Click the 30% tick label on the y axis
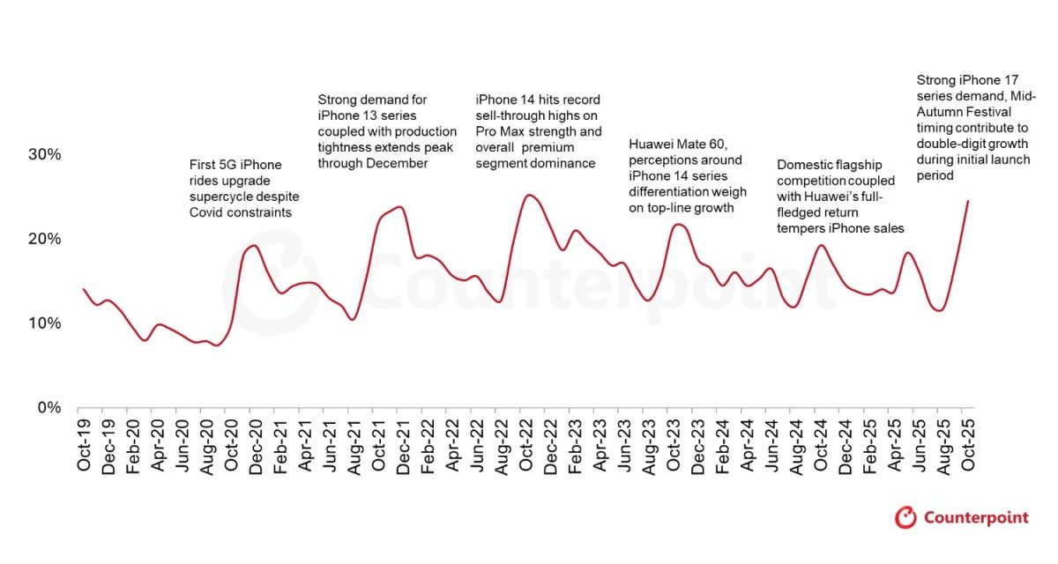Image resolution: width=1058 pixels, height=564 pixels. tap(44, 154)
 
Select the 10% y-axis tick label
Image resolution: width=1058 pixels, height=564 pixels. tap(44, 323)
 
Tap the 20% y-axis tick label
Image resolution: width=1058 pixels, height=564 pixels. tap(44, 239)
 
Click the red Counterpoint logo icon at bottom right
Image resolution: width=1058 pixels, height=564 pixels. tap(905, 517)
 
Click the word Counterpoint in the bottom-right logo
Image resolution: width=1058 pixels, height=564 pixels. tap(975, 518)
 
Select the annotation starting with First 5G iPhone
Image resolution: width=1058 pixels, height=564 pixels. tap(240, 189)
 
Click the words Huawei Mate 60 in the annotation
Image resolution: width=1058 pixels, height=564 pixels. tap(674, 145)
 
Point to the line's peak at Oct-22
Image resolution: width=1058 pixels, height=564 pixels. tap(528, 196)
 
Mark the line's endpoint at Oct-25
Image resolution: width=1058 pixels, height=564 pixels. tap(968, 201)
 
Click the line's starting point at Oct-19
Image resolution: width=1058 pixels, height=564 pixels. tap(84, 289)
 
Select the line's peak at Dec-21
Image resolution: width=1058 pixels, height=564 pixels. tap(400, 207)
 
